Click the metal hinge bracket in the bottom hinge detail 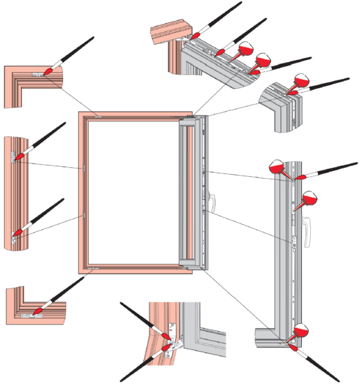point(174,343)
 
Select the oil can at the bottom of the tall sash point(300,331)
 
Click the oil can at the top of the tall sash point(279,167)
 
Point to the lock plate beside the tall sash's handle point(296,241)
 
